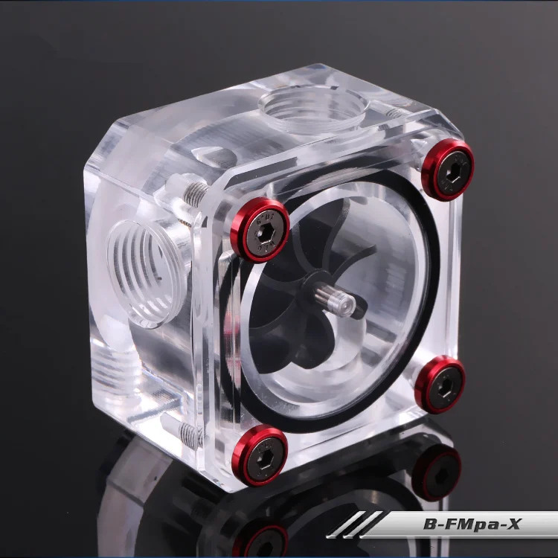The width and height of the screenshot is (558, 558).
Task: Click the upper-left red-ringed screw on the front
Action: coord(260,230)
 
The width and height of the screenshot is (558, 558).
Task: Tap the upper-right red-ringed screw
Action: coord(448,170)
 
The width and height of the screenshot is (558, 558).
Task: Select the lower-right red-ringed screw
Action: coord(440,385)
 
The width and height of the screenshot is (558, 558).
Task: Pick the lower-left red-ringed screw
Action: coord(260,455)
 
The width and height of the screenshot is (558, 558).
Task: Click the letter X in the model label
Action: coord(513,524)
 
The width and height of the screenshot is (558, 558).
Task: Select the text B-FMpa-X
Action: coord(472,525)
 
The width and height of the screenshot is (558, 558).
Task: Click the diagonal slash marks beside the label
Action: coord(354,525)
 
